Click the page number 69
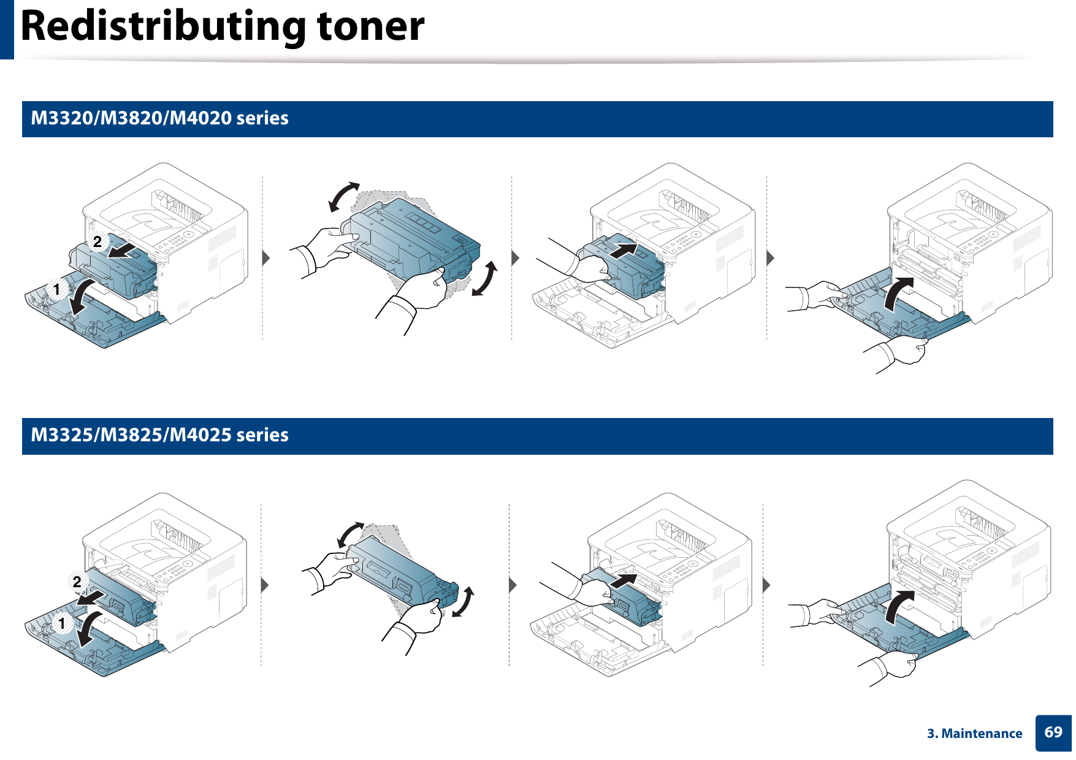[x=1053, y=732]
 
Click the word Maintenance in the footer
[x=982, y=734]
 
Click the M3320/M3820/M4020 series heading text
[x=159, y=118]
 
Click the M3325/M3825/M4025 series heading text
[x=159, y=435]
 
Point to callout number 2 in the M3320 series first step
[x=97, y=242]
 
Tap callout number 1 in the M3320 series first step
[x=57, y=289]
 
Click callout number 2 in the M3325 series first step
[x=77, y=581]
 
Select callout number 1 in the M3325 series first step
[x=62, y=624]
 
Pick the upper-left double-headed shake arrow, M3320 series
[x=344, y=196]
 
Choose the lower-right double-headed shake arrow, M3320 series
[x=484, y=279]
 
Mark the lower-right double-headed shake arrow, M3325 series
[x=464, y=601]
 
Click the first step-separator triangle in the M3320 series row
[x=266, y=257]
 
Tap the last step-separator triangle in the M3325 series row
[x=766, y=585]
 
